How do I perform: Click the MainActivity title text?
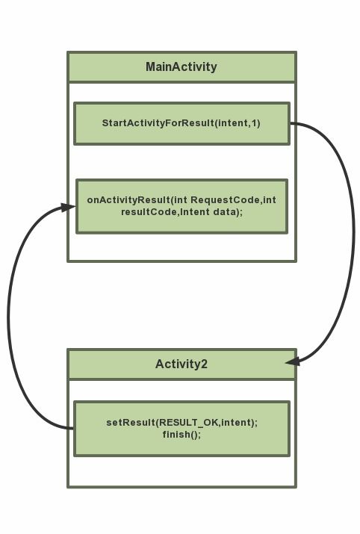[x=181, y=66]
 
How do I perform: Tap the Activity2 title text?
[x=181, y=364]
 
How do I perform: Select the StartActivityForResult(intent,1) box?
[x=182, y=124]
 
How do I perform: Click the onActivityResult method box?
[x=182, y=206]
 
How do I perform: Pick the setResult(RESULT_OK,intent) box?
[x=182, y=429]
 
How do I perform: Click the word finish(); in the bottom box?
[x=182, y=435]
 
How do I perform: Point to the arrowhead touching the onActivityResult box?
[x=68, y=207]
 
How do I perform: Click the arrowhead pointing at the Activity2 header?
[x=293, y=361]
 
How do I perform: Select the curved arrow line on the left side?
[x=7, y=317]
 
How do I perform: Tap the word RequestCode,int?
[x=233, y=200]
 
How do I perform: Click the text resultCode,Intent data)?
[x=182, y=212]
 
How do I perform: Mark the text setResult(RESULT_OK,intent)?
[x=182, y=423]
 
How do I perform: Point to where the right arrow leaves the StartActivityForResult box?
[x=291, y=123]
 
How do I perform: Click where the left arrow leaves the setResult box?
[x=73, y=428]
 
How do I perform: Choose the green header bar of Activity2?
[x=182, y=364]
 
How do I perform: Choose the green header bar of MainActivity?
[x=182, y=66]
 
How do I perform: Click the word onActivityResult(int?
[x=137, y=200]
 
